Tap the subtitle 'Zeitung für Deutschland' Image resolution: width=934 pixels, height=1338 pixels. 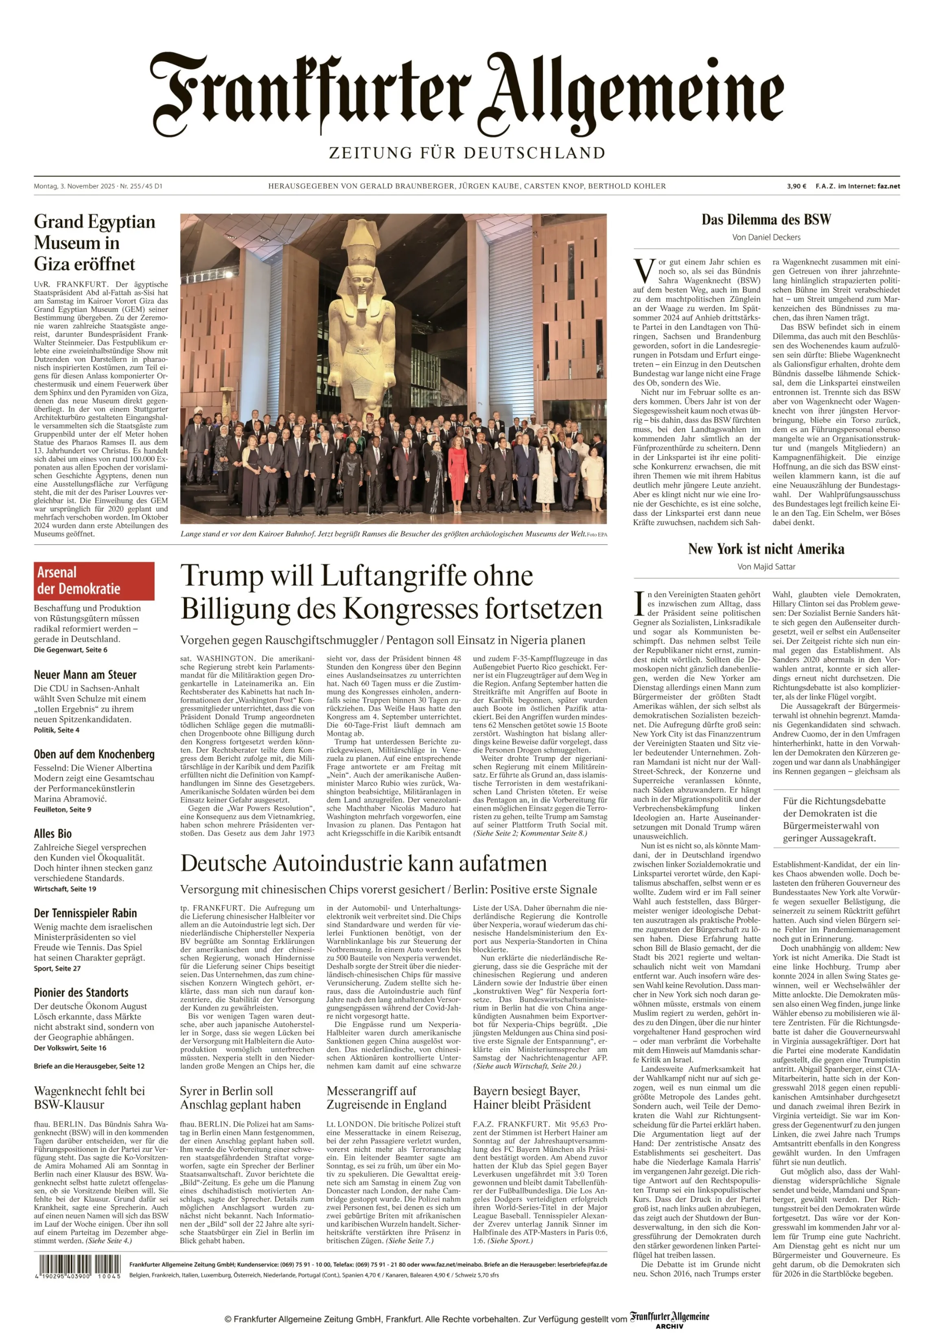pyautogui.click(x=467, y=153)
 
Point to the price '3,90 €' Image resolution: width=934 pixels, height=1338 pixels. pyautogui.click(x=796, y=186)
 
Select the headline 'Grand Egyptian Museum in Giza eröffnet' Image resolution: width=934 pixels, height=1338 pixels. pyautogui.click(x=94, y=243)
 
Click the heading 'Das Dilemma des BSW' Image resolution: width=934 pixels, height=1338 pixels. pyautogui.click(x=766, y=220)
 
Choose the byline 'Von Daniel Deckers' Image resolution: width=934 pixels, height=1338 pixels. pyautogui.click(x=766, y=237)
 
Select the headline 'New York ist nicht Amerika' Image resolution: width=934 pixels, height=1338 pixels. pyautogui.click(x=766, y=549)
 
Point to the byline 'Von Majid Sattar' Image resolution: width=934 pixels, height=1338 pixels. pyautogui.click(x=766, y=566)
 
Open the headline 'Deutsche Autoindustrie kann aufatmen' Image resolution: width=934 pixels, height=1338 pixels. pyautogui.click(x=363, y=864)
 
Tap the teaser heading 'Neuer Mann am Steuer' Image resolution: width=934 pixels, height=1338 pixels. pyautogui.click(x=85, y=675)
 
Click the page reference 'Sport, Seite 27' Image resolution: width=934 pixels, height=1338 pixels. pyautogui.click(x=57, y=969)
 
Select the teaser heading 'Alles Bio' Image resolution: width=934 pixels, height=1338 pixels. pyautogui.click(x=53, y=834)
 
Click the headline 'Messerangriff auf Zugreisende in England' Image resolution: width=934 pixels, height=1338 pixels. pyautogui.click(x=386, y=1098)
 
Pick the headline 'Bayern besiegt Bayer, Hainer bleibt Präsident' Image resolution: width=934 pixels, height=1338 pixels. pyautogui.click(x=532, y=1098)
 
